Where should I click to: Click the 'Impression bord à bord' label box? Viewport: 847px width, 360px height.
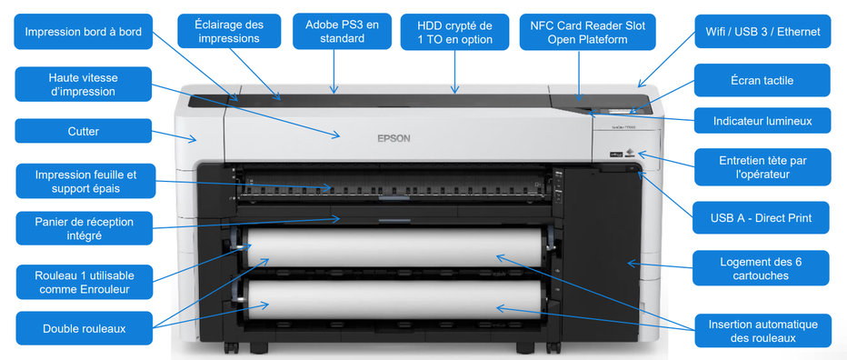(x=83, y=32)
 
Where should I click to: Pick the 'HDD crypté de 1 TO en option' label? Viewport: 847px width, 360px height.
(x=454, y=32)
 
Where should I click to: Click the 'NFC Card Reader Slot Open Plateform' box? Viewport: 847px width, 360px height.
(x=587, y=32)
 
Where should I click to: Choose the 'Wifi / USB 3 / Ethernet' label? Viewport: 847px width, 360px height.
(x=762, y=32)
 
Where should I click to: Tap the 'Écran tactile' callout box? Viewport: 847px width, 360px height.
(x=762, y=81)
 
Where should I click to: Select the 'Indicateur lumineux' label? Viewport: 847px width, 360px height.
(x=762, y=120)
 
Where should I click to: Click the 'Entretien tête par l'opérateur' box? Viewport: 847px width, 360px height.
(x=762, y=167)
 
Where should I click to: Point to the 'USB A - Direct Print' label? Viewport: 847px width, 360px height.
(x=762, y=218)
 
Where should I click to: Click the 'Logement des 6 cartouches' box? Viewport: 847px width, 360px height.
(x=762, y=268)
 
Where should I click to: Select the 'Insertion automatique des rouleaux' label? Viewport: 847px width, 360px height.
(x=762, y=331)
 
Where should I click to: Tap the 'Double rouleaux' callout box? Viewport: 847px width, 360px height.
(x=83, y=328)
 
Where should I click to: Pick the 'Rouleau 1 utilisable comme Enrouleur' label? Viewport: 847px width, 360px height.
(x=83, y=281)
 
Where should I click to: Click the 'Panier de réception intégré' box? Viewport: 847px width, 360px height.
(x=83, y=228)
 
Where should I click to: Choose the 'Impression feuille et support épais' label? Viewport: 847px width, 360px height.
(x=83, y=181)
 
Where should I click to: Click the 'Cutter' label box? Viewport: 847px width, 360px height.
(x=83, y=131)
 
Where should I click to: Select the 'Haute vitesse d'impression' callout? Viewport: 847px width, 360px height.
(x=83, y=84)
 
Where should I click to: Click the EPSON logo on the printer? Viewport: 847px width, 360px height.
(x=394, y=139)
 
